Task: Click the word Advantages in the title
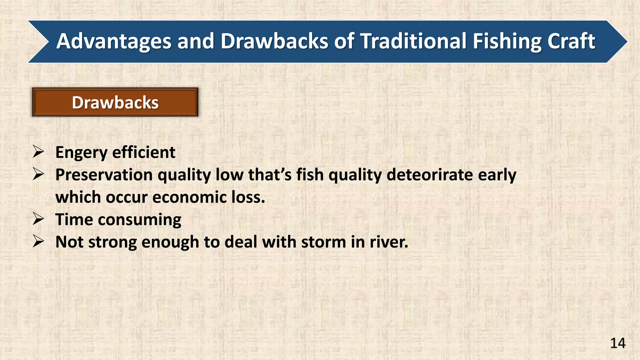pyautogui.click(x=114, y=42)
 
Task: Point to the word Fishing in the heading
pyautogui.click(x=507, y=42)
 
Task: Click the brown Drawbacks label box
pyautogui.click(x=115, y=102)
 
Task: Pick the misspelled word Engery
pyautogui.click(x=81, y=153)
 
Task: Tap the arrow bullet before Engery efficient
pyautogui.click(x=38, y=152)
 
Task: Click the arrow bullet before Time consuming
pyautogui.click(x=38, y=219)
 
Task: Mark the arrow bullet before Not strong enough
pyautogui.click(x=38, y=242)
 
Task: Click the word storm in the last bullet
pyautogui.click(x=323, y=242)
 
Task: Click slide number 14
pyautogui.click(x=617, y=343)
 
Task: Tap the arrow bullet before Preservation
pyautogui.click(x=38, y=174)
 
